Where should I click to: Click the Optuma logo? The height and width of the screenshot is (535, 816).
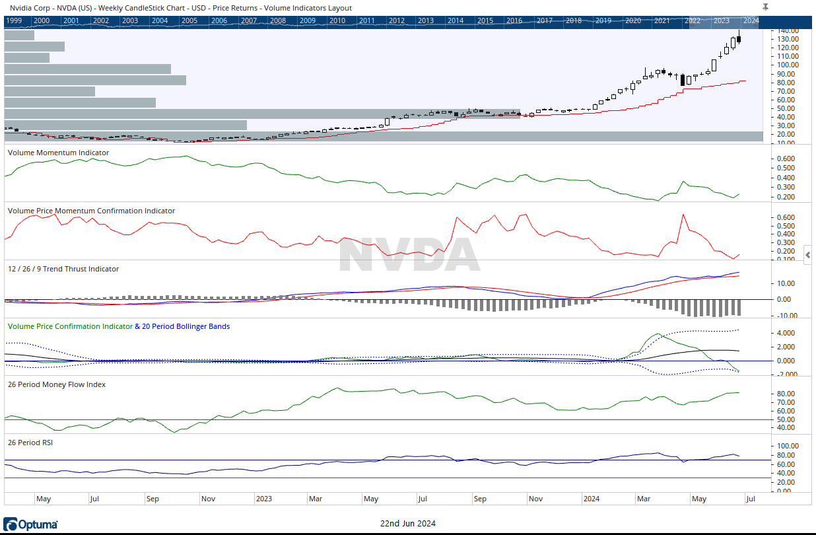coord(30,524)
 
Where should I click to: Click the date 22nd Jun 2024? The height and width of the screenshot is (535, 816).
coord(407,524)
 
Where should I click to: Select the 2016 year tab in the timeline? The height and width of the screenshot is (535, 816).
coord(514,20)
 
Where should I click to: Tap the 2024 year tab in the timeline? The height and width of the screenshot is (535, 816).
coord(751,20)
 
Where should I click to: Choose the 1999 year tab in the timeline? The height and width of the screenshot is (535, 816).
coord(15,20)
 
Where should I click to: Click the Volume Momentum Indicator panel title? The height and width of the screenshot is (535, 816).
coord(58,153)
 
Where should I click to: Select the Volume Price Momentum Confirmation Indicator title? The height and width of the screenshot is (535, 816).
coord(91,211)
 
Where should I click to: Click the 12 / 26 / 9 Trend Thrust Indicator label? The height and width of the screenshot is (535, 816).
coord(63,269)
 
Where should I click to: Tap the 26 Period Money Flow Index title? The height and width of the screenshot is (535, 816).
coord(56,384)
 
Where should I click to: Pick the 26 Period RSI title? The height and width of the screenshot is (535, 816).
coord(30,443)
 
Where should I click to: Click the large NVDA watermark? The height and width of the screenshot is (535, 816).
coord(409,255)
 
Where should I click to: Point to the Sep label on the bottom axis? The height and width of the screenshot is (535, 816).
coord(153,499)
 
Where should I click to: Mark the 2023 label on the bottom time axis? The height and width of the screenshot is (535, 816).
coord(263,499)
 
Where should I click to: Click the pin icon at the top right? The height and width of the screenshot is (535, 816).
coord(765,7)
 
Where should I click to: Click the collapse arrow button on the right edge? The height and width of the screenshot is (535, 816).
coord(808,254)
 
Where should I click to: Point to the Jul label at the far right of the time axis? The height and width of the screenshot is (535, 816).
coord(750,499)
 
